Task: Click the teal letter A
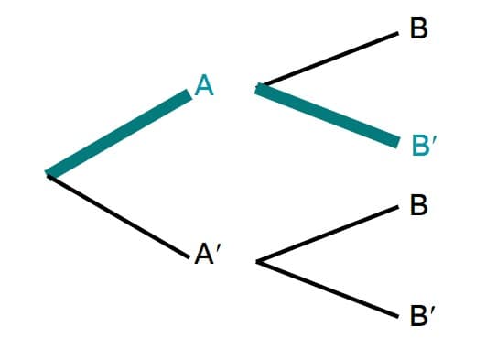(203, 86)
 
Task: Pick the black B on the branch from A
(419, 29)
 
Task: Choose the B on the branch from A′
(419, 204)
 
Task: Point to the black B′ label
(419, 319)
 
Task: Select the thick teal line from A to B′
(328, 115)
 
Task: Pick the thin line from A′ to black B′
(328, 289)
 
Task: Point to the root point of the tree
(48, 173)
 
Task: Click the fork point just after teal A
(257, 88)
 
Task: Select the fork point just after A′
(257, 263)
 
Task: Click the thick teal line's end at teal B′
(397, 143)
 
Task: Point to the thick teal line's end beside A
(189, 93)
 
